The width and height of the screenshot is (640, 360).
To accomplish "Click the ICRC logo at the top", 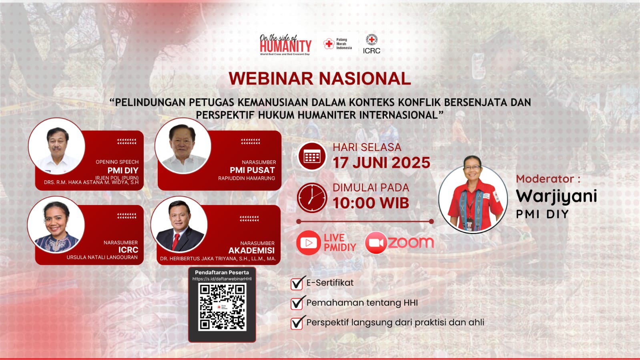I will (x=371, y=44).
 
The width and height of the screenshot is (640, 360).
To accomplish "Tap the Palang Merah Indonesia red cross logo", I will (x=329, y=44).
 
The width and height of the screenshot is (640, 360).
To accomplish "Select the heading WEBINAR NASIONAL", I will (x=320, y=78).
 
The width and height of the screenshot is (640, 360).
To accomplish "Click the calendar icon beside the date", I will (x=312, y=157).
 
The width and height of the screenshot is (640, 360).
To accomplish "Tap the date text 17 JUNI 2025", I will (x=381, y=163).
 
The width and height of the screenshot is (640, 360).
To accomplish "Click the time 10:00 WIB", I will (x=371, y=203).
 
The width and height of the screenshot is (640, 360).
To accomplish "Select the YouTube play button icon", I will (x=309, y=243).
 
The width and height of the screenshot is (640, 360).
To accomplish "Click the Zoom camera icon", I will (x=375, y=243).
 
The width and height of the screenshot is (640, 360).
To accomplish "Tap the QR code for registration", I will (x=222, y=307).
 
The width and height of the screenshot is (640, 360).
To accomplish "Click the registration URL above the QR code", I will (x=222, y=279).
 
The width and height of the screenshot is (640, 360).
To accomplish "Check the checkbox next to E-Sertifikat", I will (x=297, y=284).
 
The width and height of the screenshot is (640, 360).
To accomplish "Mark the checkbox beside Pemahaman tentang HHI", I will (x=297, y=303).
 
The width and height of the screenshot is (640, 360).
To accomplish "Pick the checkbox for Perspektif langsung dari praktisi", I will (x=297, y=323).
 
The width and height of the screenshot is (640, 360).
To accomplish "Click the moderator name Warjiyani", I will (x=556, y=196).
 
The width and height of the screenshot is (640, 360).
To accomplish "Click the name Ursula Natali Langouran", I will (x=102, y=257).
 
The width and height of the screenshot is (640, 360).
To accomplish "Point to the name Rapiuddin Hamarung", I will (x=247, y=178).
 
